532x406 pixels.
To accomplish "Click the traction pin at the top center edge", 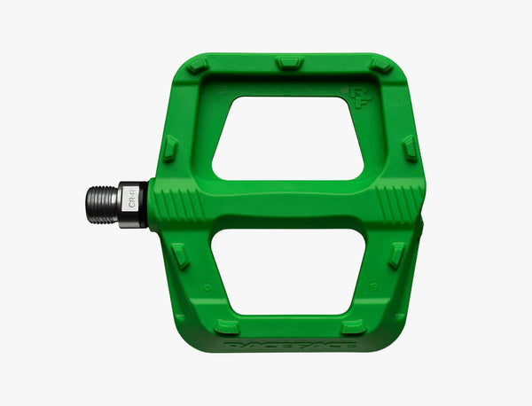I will (288, 64).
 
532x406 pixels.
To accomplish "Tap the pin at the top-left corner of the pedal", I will (198, 66).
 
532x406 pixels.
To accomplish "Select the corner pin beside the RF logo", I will (380, 66).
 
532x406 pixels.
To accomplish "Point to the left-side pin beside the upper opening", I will (170, 147).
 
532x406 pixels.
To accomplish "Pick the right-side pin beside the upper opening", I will (409, 148).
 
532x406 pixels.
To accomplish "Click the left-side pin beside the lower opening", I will (180, 256).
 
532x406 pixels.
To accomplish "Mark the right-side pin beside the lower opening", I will (395, 255).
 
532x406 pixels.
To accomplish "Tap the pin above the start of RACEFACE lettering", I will (227, 325).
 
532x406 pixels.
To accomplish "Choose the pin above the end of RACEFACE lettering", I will (353, 326).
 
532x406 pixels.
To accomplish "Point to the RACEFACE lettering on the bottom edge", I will (290, 343).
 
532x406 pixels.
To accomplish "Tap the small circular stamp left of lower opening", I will (206, 286).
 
